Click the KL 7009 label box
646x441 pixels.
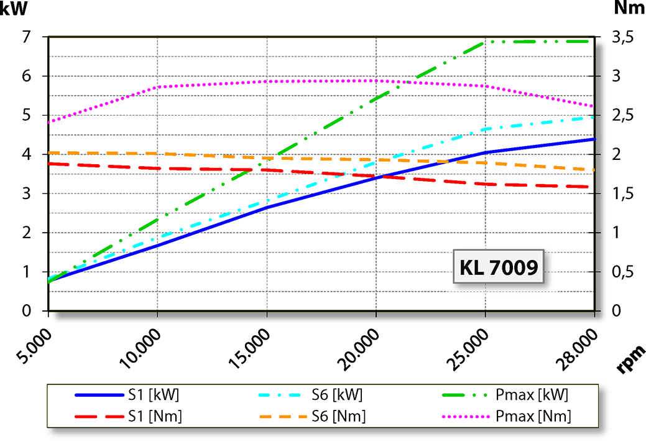498,267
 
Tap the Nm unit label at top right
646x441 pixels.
629,8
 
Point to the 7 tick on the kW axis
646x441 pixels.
26,37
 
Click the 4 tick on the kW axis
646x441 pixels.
26,154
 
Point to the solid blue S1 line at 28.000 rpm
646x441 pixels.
594,139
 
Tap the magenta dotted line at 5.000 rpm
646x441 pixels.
50,122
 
